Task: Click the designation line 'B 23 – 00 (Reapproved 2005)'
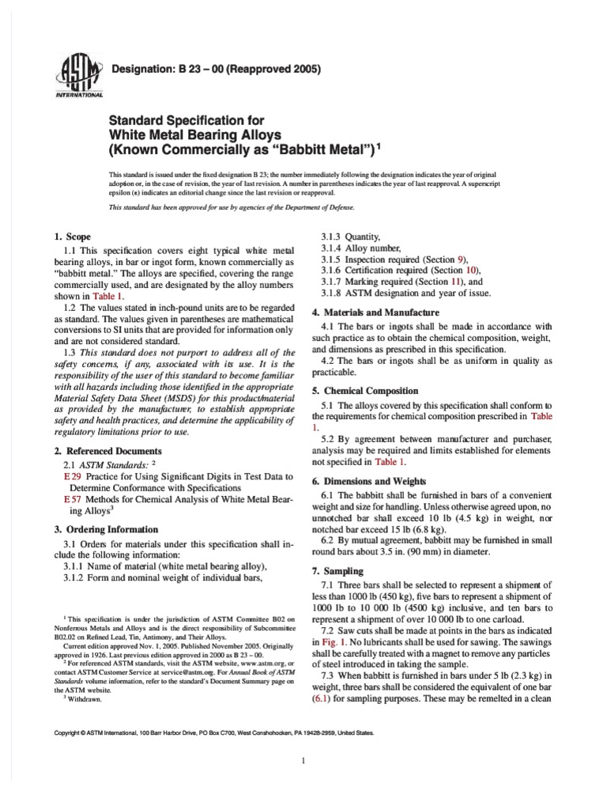217,70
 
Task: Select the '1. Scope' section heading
74,237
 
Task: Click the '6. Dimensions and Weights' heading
369,481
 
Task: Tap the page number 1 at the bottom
303,783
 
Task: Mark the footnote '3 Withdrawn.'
85,699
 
